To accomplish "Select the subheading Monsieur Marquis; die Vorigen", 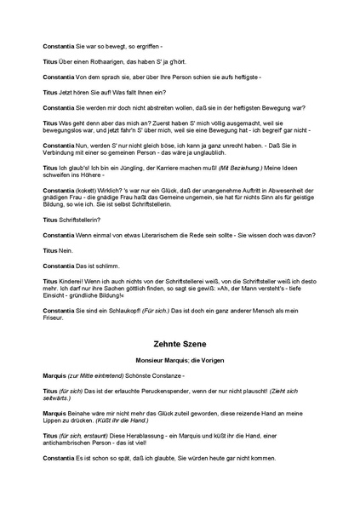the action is click(x=180, y=361).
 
